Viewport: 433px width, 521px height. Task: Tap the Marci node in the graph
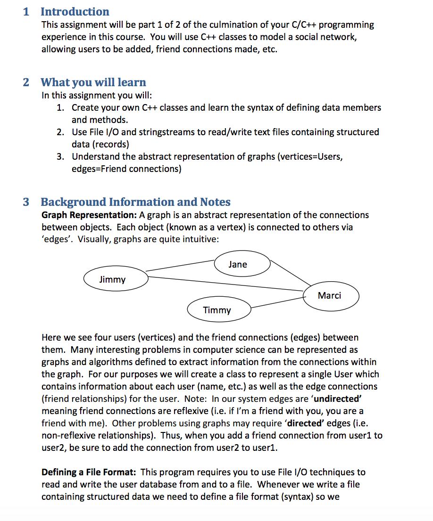pyautogui.click(x=330, y=296)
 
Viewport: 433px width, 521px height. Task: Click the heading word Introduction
pyautogui.click(x=75, y=12)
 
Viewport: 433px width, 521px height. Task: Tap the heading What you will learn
pyautogui.click(x=93, y=82)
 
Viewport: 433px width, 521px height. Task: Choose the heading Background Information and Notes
pyautogui.click(x=135, y=202)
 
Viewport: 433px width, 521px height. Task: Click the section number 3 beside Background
pyautogui.click(x=26, y=202)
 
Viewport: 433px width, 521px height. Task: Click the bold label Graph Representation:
pyautogui.click(x=89, y=215)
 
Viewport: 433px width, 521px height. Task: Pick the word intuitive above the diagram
pyautogui.click(x=201, y=239)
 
